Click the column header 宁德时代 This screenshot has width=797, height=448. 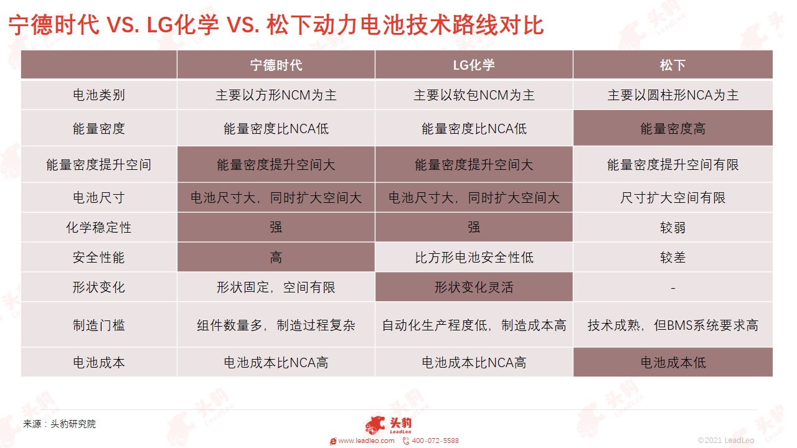(276, 65)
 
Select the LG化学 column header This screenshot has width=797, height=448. (474, 65)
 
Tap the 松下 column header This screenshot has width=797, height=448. (672, 65)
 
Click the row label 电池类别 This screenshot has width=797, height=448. (99, 95)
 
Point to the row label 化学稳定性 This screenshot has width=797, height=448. (99, 228)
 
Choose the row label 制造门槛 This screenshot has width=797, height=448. (99, 325)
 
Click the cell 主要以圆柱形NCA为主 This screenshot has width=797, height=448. (673, 95)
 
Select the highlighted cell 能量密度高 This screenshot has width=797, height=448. (673, 128)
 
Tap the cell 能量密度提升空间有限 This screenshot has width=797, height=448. (673, 165)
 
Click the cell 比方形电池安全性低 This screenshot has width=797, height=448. (474, 258)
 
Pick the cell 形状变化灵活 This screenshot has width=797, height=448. (474, 287)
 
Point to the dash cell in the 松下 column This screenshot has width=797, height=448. (673, 287)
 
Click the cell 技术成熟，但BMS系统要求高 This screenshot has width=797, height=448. (673, 325)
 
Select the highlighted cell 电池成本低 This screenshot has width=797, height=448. (673, 362)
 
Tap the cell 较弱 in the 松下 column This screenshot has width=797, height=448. (673, 228)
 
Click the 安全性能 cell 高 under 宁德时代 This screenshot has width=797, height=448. (276, 258)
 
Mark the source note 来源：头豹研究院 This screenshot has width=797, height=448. (59, 424)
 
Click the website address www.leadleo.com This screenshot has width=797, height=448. (366, 441)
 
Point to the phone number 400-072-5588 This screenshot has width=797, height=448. (435, 441)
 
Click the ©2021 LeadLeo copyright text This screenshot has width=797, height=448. (726, 441)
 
